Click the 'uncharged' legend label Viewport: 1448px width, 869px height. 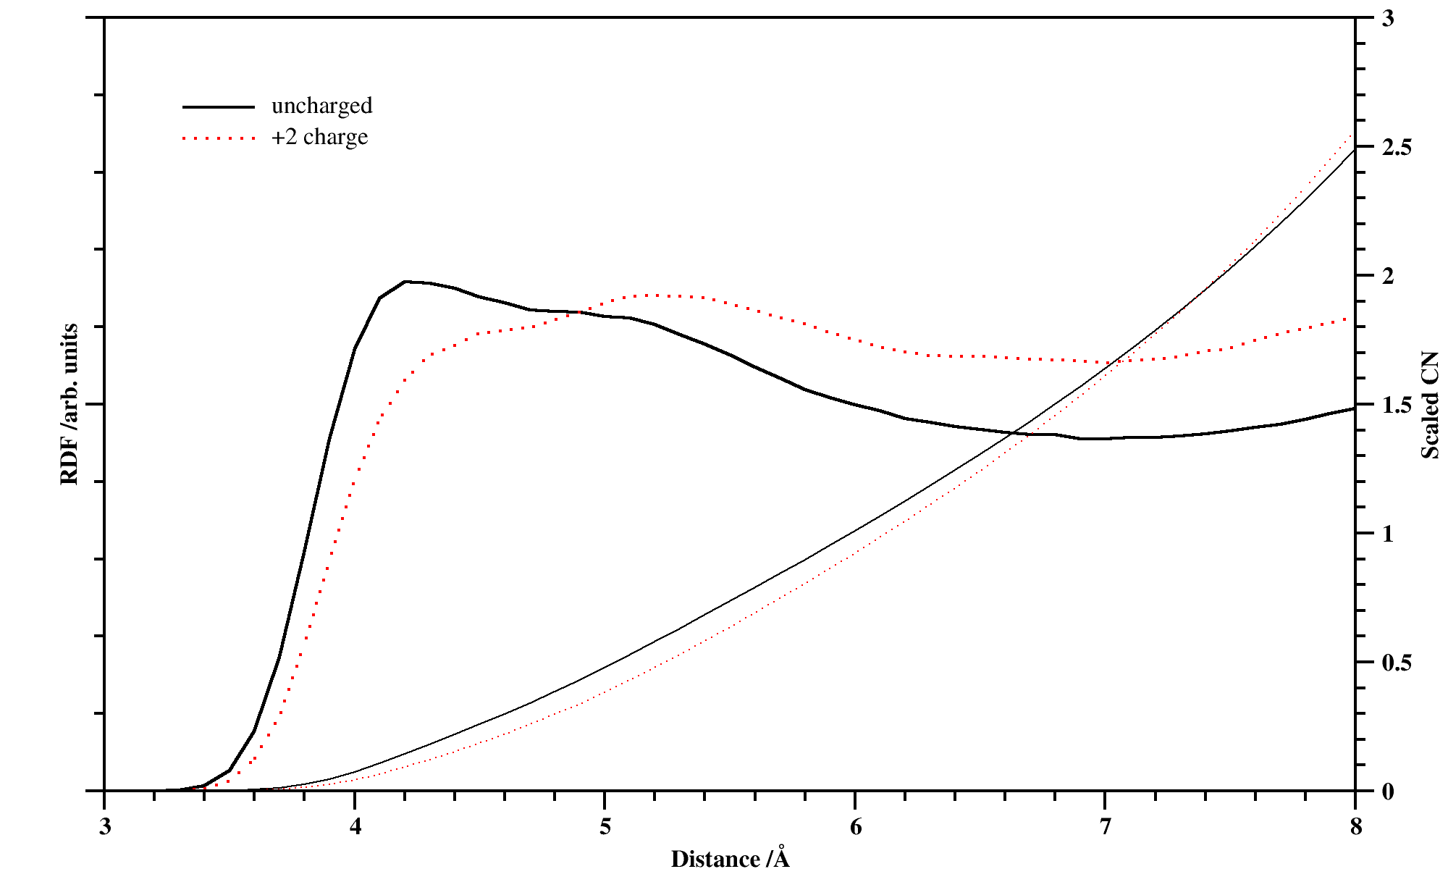click(321, 106)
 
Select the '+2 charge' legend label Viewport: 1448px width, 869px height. click(319, 137)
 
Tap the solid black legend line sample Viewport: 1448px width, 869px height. click(218, 107)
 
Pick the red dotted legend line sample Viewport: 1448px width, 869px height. click(218, 138)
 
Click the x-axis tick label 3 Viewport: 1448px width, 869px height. click(105, 827)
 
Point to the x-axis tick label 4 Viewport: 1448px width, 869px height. click(355, 827)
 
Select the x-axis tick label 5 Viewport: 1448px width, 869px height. click(605, 827)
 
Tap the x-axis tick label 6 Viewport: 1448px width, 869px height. click(855, 827)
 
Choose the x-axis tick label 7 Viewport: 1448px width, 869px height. click(1105, 827)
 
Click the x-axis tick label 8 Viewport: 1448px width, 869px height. click(1355, 827)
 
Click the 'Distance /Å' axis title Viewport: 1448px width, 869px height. click(730, 858)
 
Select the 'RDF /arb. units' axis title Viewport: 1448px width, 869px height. click(70, 404)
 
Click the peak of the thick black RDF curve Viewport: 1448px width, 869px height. click(405, 281)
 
